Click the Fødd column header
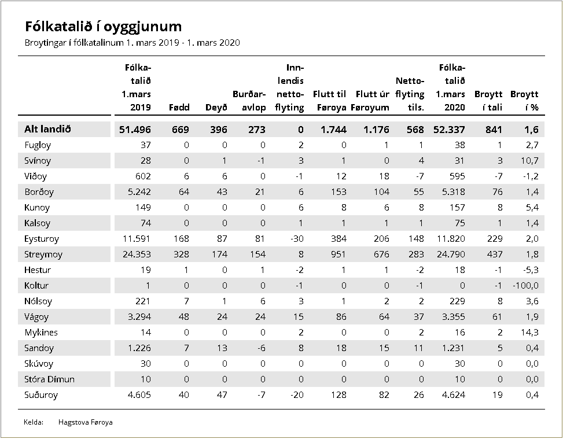(179, 108)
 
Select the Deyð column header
(216, 108)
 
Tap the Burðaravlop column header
(249, 101)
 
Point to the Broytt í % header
(524, 101)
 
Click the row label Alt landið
(47, 129)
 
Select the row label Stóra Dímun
(50, 379)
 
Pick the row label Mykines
(41, 333)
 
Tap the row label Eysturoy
(42, 239)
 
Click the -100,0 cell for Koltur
(525, 286)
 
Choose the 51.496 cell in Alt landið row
(135, 130)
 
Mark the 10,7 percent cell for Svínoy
(529, 161)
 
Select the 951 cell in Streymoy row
(338, 254)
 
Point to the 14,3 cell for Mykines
(529, 333)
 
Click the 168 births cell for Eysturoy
(181, 239)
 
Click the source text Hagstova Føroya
(86, 422)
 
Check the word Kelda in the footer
(34, 422)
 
